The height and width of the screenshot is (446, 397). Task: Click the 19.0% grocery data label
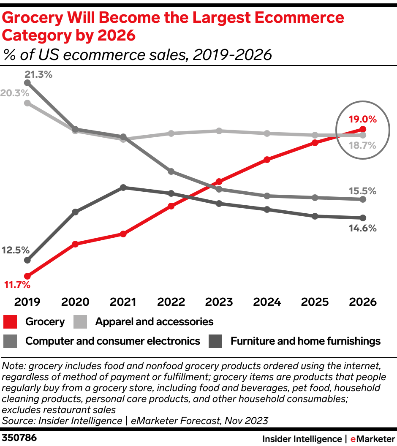362,119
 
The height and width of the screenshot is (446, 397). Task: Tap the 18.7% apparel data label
362,146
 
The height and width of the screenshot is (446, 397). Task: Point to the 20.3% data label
14,93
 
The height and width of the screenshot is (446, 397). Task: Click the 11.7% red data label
17,285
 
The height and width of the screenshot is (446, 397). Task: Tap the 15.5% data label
362,191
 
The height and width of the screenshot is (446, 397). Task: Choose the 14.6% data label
362,228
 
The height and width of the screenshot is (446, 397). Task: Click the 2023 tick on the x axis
219,302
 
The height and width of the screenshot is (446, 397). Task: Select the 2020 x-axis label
75,302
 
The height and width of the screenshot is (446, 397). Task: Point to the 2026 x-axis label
362,302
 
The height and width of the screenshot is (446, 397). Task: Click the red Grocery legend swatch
10,322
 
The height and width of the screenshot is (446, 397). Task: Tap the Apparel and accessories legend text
154,322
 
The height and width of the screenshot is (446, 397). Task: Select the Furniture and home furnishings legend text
305,341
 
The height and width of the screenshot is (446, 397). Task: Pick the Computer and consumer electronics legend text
113,341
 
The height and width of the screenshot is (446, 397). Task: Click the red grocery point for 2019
27,276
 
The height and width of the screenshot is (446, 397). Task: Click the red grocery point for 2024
267,160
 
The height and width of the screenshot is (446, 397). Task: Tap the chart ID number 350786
19,438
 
